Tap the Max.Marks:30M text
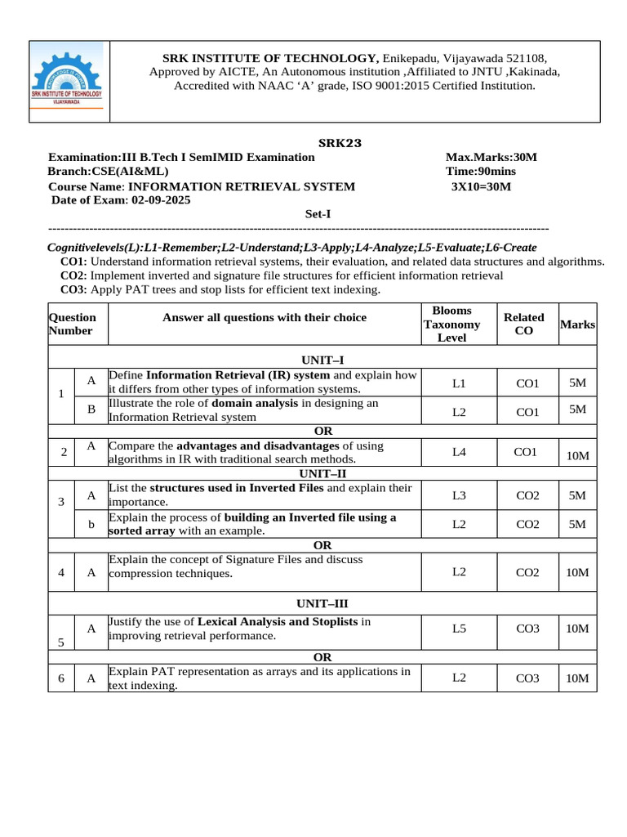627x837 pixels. tap(491, 157)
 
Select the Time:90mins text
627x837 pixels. tap(481, 172)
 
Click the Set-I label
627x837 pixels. tap(318, 215)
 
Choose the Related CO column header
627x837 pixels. tap(523, 324)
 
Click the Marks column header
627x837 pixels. tap(577, 325)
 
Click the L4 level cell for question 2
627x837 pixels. tap(459, 452)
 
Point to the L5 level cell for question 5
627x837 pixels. tap(459, 629)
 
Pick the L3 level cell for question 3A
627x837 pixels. tap(459, 495)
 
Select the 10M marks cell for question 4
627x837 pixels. tap(577, 572)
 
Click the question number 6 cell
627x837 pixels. tap(61, 678)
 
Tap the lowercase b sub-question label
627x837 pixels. tap(91, 524)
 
